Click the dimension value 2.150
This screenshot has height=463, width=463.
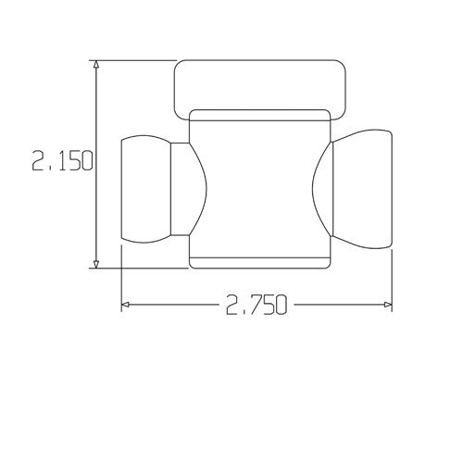coord(62,162)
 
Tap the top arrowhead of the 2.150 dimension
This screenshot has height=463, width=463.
coord(96,66)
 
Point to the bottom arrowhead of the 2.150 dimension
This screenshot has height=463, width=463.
coord(96,262)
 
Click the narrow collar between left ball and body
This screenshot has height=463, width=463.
coord(179,189)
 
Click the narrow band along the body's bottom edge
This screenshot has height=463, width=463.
coord(259,261)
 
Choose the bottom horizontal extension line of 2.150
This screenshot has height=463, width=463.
coord(139,268)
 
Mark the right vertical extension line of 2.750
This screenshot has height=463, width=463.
coord(392,278)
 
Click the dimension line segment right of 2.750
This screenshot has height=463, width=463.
coord(338,304)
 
